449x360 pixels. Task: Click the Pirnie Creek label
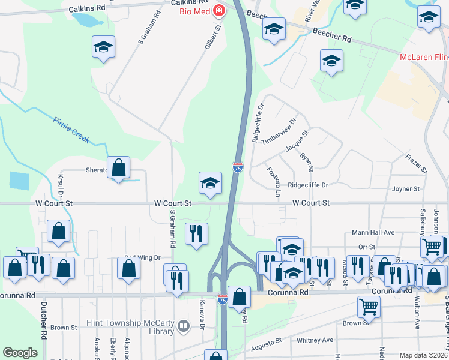(x=71, y=129)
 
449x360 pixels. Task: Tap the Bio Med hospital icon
(x=218, y=10)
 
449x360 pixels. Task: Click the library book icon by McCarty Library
(x=183, y=326)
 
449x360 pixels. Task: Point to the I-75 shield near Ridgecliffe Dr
(x=238, y=169)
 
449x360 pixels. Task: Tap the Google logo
(x=20, y=353)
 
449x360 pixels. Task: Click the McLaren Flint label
(x=424, y=58)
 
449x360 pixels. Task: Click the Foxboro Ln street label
(x=273, y=181)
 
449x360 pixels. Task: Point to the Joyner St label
(x=406, y=189)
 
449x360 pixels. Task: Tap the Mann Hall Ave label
(x=373, y=232)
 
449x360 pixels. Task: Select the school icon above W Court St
(x=210, y=184)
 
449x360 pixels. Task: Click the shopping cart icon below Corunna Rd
(x=369, y=307)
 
